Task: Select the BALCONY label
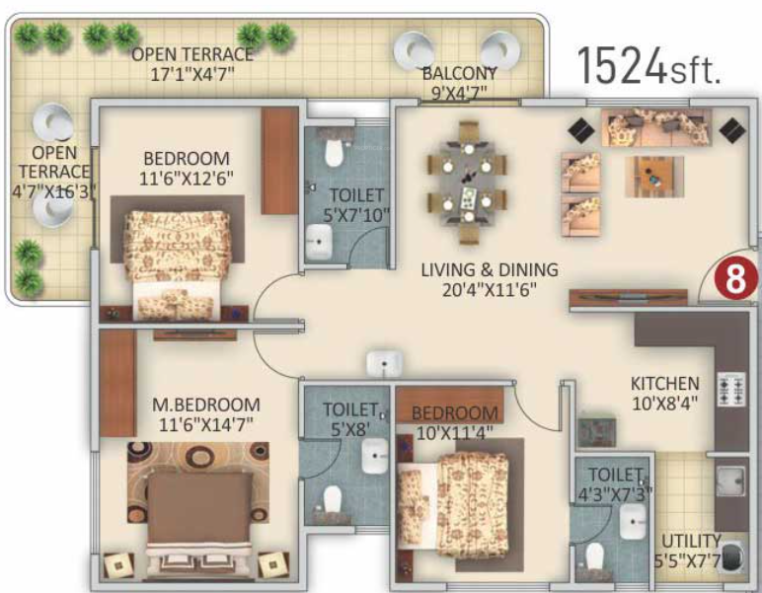(x=459, y=74)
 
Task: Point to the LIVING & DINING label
(x=489, y=268)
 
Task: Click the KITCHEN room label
(x=666, y=383)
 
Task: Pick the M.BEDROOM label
(x=206, y=405)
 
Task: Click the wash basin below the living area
(x=382, y=363)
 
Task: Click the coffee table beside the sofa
(x=653, y=176)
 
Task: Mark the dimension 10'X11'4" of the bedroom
(x=455, y=430)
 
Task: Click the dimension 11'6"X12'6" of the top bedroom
(x=186, y=178)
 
